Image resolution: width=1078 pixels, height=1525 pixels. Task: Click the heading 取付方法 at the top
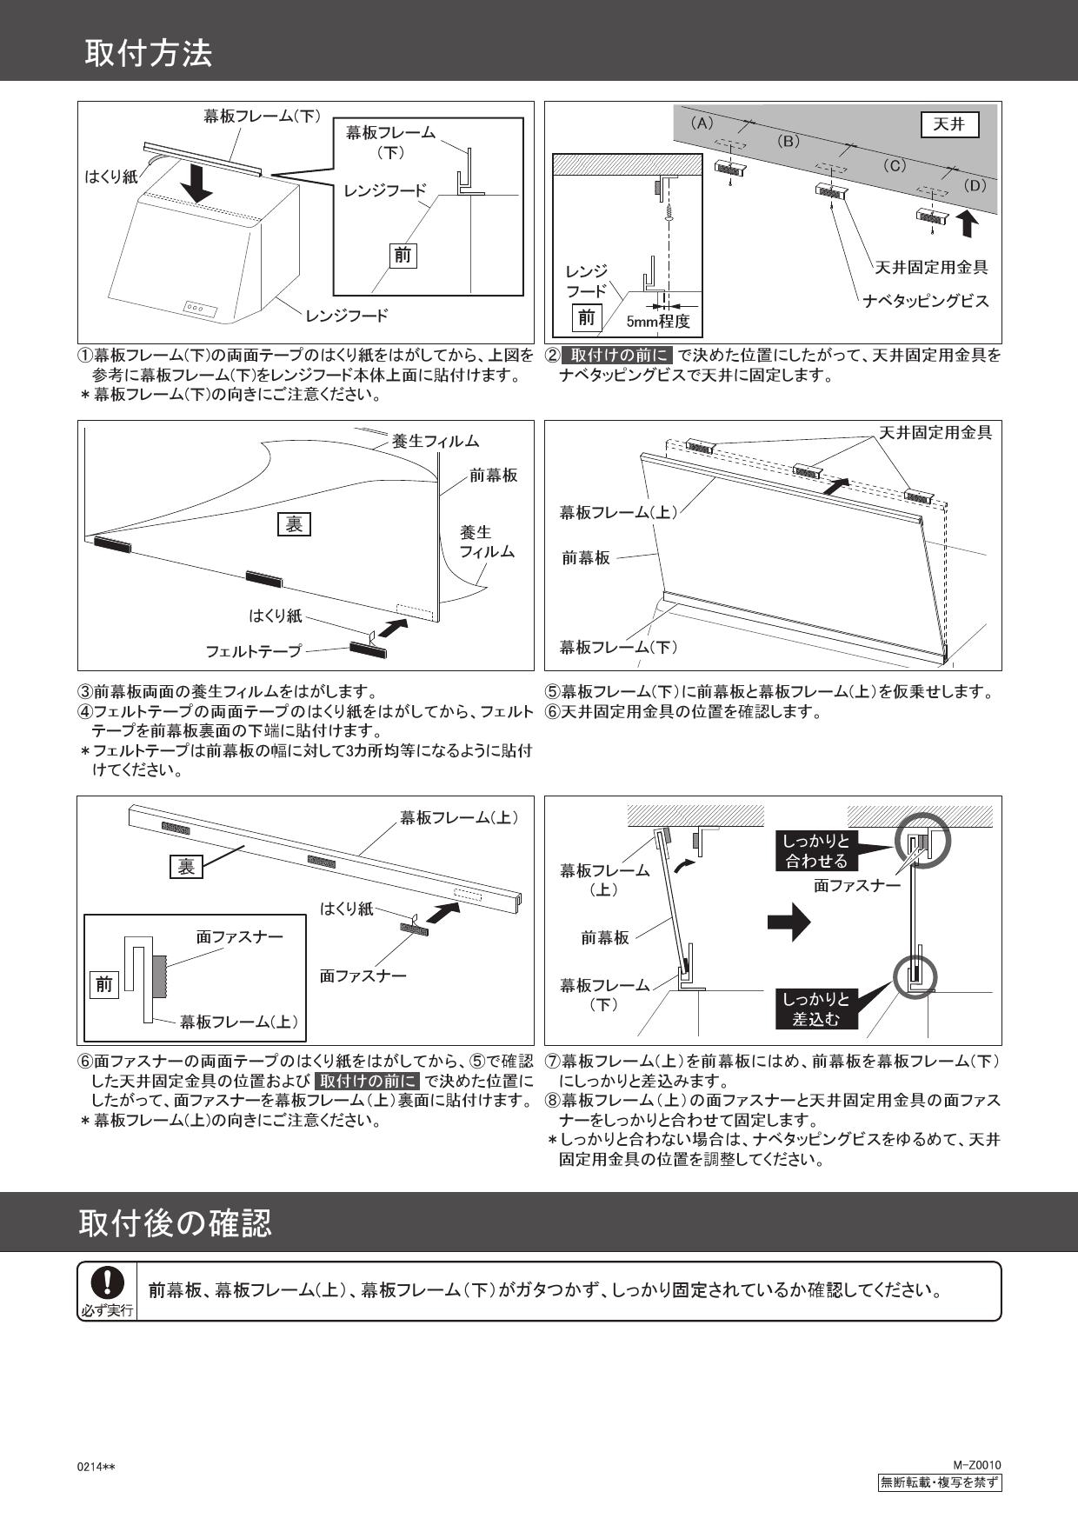(149, 54)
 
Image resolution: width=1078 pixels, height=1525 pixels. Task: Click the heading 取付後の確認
(175, 1222)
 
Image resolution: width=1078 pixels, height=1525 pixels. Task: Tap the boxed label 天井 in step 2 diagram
(949, 125)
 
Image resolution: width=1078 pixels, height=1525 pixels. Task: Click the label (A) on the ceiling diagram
(702, 123)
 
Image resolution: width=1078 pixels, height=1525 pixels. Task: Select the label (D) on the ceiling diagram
(975, 185)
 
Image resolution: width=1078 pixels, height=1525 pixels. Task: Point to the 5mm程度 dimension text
(658, 322)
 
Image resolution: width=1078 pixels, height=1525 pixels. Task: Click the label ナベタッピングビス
(926, 301)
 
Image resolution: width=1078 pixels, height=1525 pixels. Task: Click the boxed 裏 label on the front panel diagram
(294, 524)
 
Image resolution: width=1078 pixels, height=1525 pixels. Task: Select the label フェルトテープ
(253, 650)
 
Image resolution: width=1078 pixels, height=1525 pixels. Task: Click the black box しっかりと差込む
(815, 1009)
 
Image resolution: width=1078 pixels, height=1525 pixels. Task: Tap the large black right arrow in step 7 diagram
(789, 923)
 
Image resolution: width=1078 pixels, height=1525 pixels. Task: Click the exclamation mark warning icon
(107, 1282)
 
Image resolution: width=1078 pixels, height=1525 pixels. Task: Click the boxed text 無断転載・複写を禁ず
(939, 1482)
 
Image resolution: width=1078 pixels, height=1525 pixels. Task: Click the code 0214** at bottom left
(97, 1467)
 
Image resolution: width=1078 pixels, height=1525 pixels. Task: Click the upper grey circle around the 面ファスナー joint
(921, 841)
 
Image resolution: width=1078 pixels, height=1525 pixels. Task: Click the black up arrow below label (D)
(969, 223)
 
